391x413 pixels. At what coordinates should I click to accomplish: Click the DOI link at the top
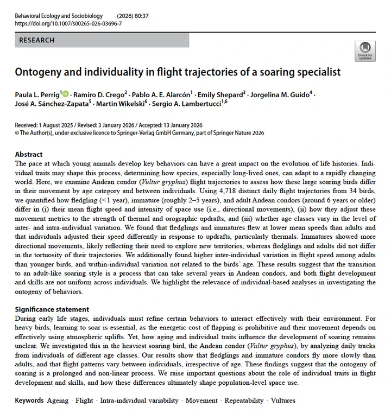68,24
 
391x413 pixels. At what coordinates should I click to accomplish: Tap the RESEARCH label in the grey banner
37,40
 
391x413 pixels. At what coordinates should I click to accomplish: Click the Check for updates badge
364,51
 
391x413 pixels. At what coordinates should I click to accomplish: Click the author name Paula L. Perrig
37,94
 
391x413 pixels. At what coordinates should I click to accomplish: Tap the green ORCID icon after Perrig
66,93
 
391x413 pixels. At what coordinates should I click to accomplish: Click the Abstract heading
29,154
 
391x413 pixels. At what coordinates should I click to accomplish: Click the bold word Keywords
29,401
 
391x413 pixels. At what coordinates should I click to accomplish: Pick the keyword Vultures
282,401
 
